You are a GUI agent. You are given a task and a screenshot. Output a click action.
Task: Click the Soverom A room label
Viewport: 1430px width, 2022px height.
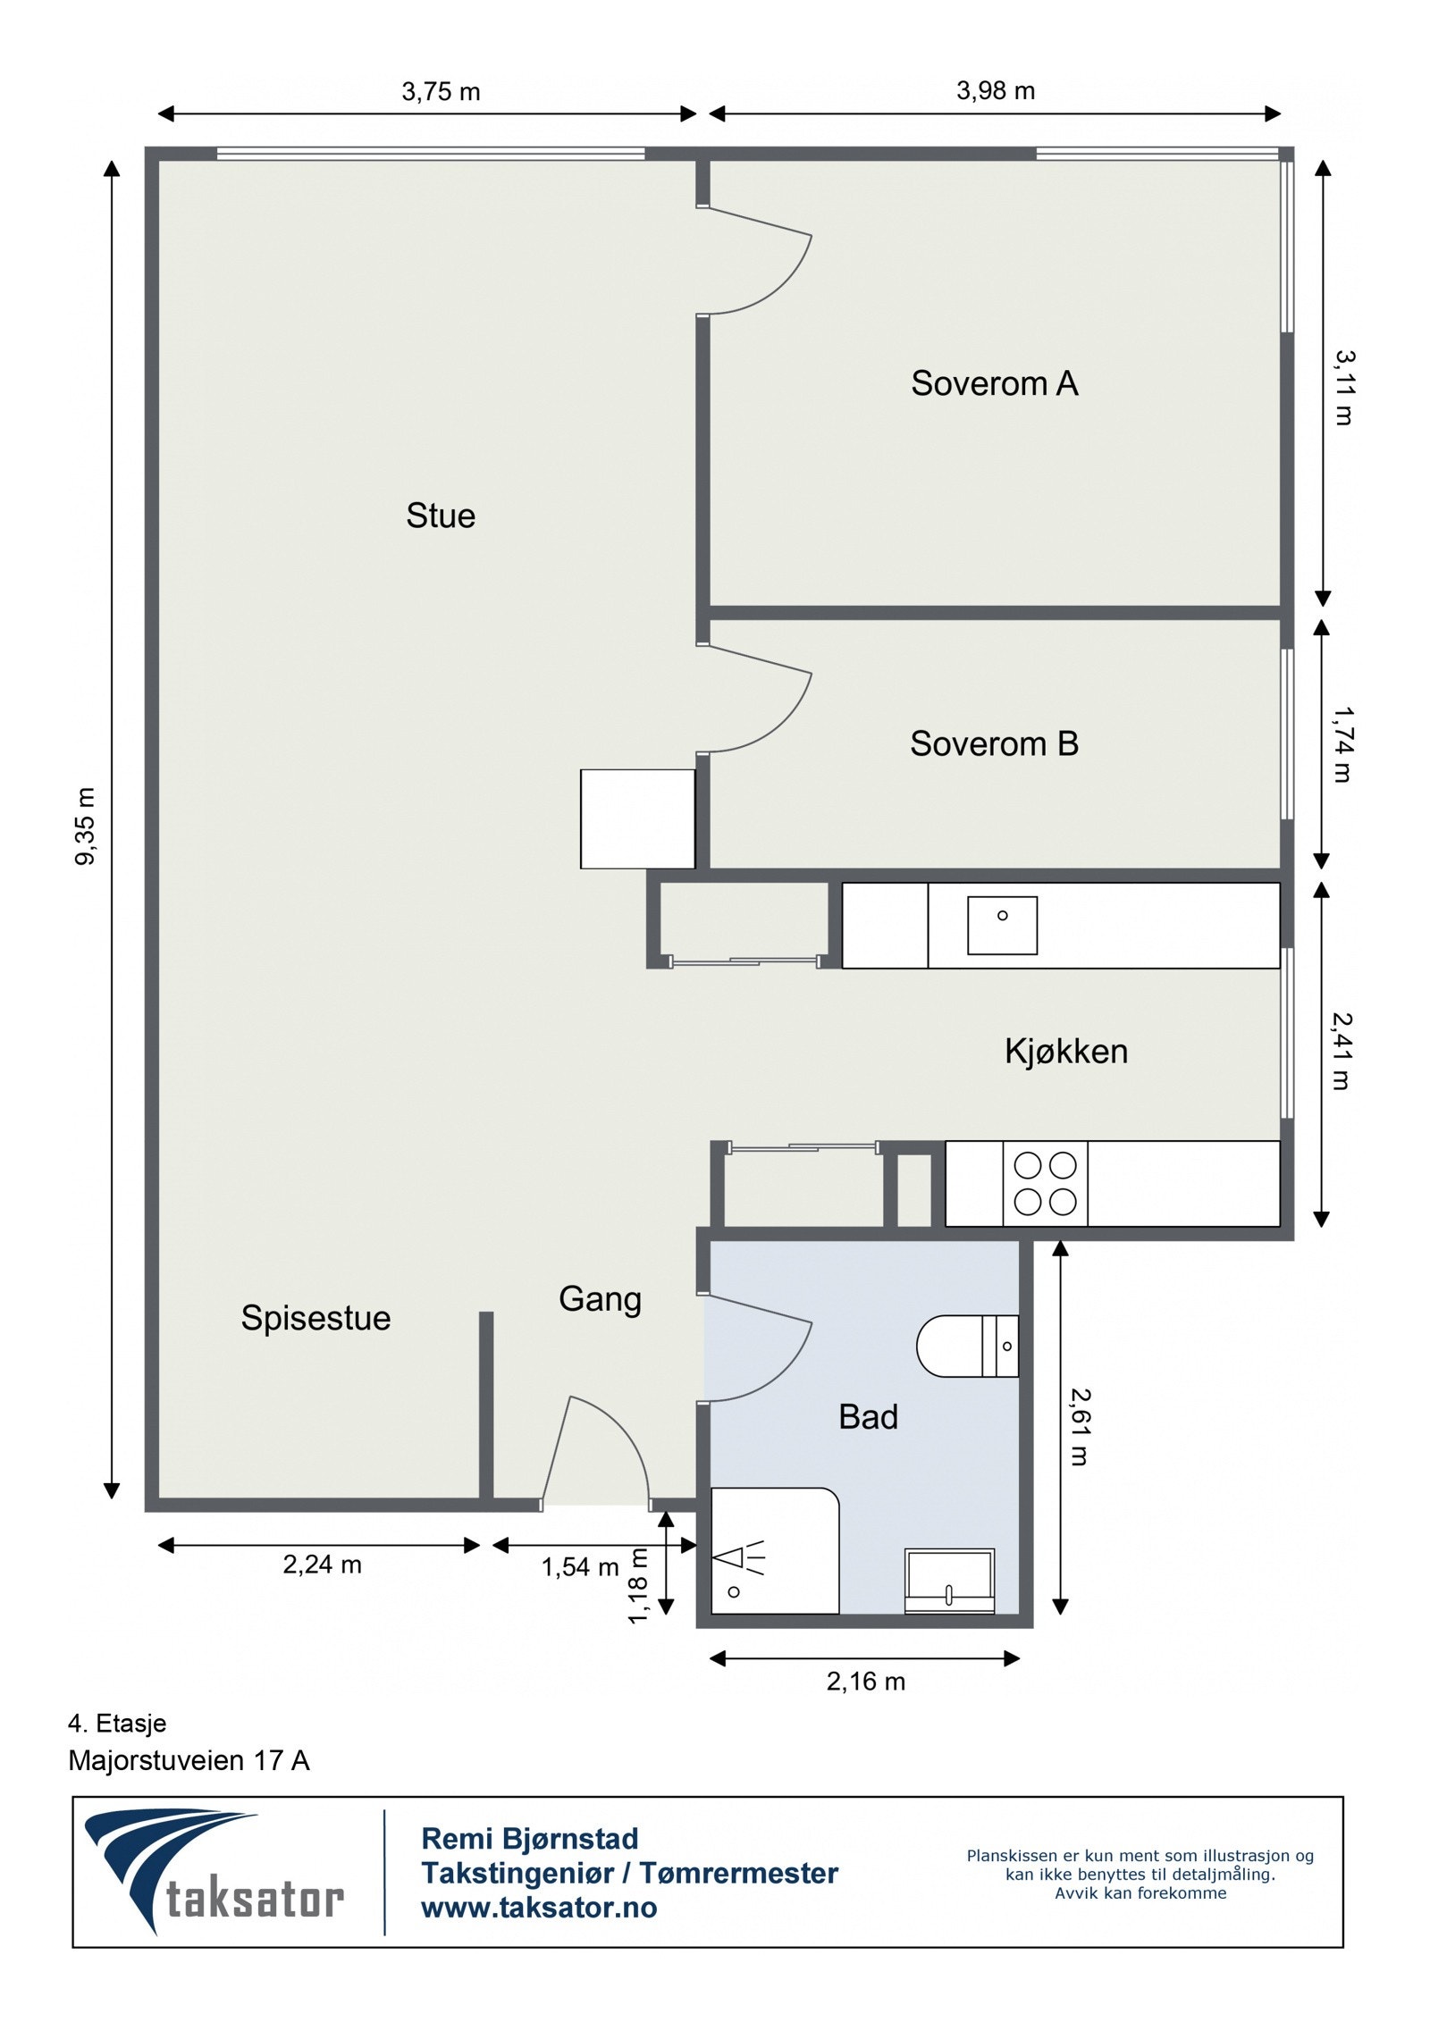click(994, 383)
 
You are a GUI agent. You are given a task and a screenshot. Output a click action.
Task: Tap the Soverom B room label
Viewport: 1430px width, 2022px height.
click(994, 743)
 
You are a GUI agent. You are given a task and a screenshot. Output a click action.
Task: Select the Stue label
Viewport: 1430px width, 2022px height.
click(441, 516)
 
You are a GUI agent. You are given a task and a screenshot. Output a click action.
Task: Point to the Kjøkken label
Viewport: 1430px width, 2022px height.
click(1066, 1052)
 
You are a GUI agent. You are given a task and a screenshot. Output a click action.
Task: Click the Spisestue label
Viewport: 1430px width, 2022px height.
click(315, 1319)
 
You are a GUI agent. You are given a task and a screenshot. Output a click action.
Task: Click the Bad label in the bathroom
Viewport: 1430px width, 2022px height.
click(868, 1417)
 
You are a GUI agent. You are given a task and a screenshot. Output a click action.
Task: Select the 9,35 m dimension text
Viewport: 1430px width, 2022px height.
click(86, 826)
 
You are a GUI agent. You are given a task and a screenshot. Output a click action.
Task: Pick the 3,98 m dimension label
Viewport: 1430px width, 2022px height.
click(996, 90)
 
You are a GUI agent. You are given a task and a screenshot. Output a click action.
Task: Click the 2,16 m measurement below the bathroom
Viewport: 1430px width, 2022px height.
click(865, 1682)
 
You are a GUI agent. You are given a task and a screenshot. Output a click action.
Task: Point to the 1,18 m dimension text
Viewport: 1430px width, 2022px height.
click(638, 1585)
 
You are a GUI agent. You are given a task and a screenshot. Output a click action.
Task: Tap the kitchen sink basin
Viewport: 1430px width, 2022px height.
click(1002, 926)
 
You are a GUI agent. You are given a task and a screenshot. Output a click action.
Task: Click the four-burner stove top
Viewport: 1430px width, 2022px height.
click(1045, 1184)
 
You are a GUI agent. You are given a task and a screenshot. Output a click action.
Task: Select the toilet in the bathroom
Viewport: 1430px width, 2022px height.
click(968, 1346)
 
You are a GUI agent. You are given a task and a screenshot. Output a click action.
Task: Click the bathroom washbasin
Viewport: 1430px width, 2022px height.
click(949, 1581)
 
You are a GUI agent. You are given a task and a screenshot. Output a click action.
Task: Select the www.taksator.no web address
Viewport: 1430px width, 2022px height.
click(539, 1908)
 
